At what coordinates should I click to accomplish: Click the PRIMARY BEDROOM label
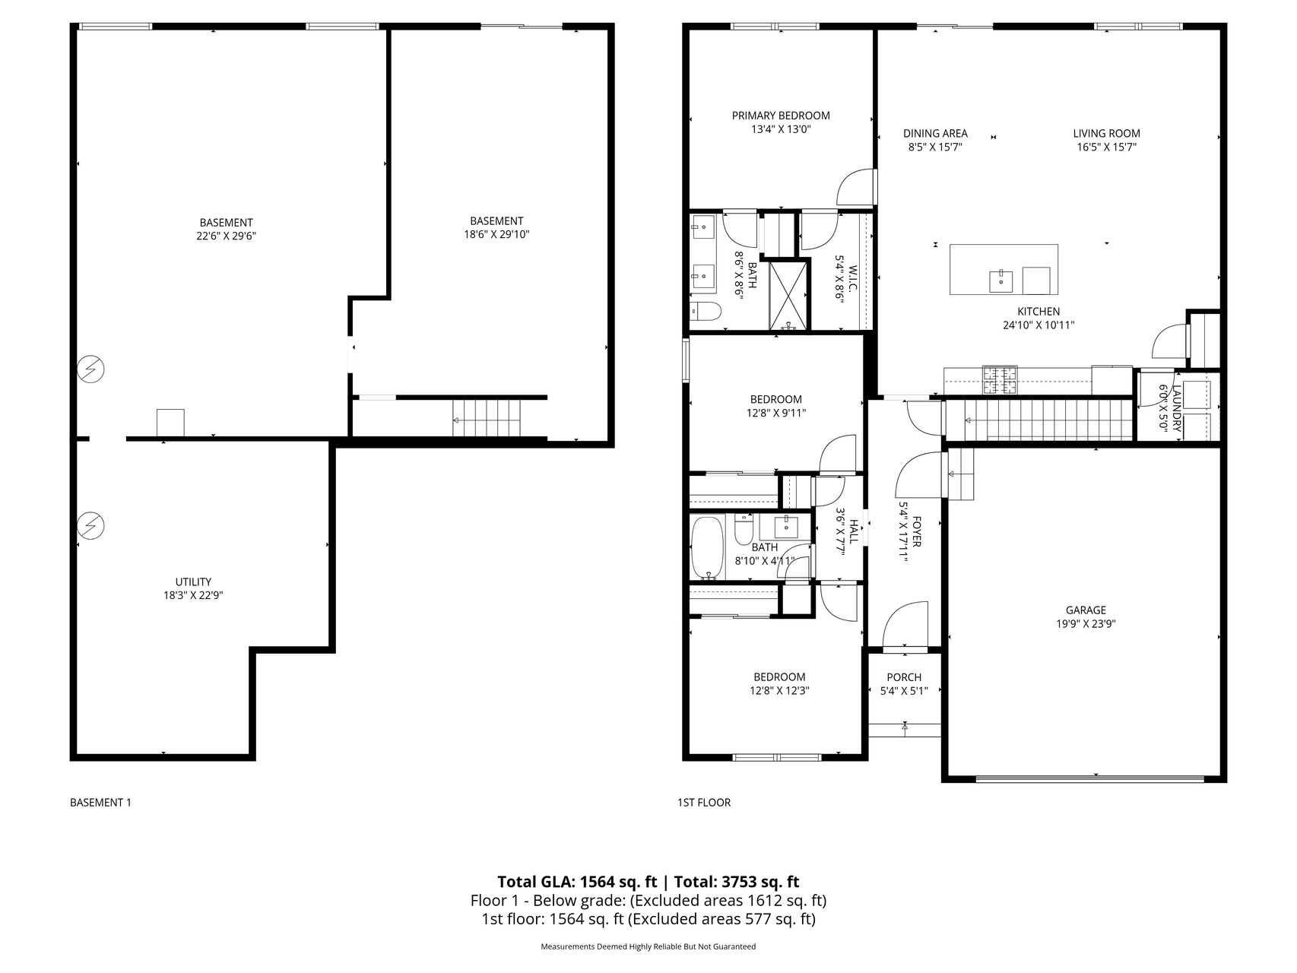[781, 116]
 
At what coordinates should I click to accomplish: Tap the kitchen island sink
[1000, 280]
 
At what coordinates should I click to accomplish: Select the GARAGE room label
[1086, 610]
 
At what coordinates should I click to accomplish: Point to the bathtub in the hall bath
[709, 548]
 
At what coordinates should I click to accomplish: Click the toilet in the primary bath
[706, 312]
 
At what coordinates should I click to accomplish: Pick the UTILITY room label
[193, 582]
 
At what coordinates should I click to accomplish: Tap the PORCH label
[904, 677]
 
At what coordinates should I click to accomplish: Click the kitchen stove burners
[1000, 380]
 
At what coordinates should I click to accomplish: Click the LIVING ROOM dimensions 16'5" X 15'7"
[1107, 147]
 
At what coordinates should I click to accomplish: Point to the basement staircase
[487, 417]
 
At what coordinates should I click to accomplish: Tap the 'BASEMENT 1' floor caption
[100, 803]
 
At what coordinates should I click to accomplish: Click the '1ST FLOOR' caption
[704, 803]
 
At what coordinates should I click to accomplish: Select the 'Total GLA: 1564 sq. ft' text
[577, 882]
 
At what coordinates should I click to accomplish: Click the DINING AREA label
[935, 134]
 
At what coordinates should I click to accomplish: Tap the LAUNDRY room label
[1177, 408]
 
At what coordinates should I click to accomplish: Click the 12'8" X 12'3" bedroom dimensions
[779, 692]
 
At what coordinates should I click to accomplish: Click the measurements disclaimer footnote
[648, 947]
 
